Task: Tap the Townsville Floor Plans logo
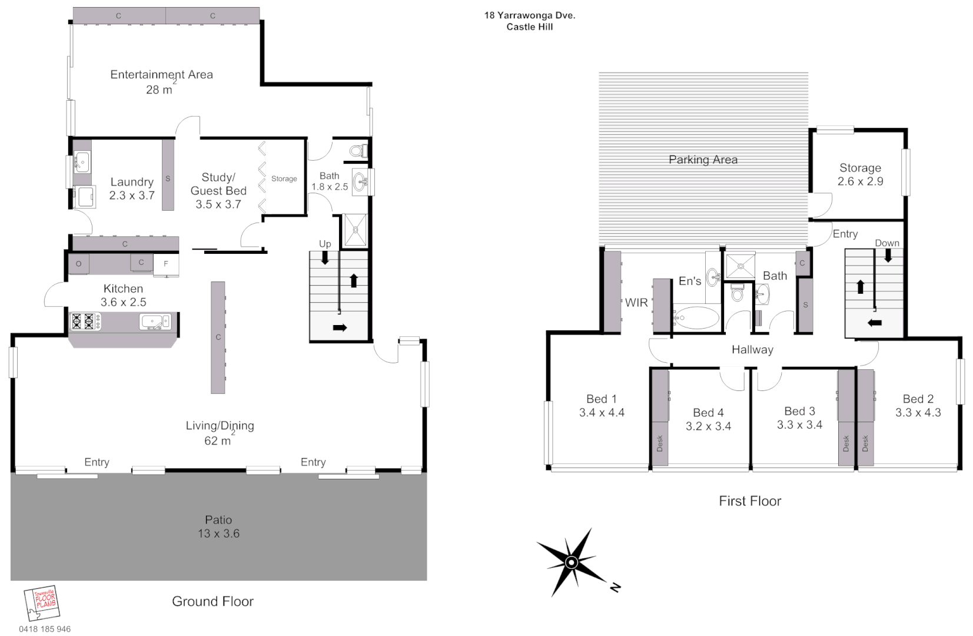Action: [42, 602]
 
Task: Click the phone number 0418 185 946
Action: [45, 629]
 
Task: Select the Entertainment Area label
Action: [161, 75]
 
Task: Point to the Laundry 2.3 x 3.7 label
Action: [132, 188]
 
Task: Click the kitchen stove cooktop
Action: [85, 321]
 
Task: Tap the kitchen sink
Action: [154, 322]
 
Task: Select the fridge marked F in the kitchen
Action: [166, 264]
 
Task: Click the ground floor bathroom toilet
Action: [357, 151]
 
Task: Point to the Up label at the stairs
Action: [325, 244]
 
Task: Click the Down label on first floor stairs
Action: [886, 243]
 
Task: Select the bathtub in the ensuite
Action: [696, 318]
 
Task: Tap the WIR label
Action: [636, 303]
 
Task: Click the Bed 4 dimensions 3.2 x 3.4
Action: [708, 426]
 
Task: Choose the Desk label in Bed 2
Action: [865, 443]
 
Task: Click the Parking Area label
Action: [703, 160]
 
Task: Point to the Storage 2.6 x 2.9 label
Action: [860, 174]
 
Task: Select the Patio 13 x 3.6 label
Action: [218, 526]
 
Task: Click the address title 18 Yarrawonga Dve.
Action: [530, 16]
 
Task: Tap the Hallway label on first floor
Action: [752, 350]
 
